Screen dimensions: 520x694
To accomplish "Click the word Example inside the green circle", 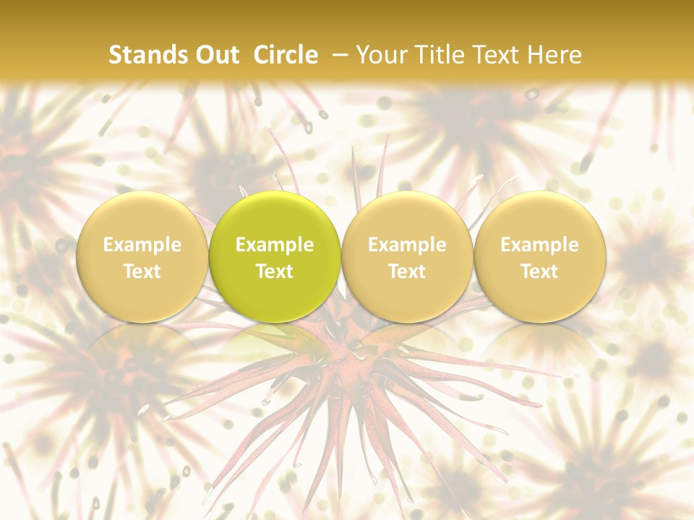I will pos(275,245).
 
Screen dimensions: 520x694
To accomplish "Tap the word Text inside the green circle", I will pos(275,272).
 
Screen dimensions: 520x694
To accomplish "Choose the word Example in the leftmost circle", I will pos(142,245).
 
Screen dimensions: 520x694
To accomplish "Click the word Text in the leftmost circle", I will pos(142,272).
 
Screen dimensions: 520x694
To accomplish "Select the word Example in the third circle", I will pos(407,245).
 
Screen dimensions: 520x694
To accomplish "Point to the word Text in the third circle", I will pos(407,272).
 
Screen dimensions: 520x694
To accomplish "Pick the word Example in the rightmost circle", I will pos(539,245).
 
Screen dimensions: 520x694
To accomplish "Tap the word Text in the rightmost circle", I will pos(539,272).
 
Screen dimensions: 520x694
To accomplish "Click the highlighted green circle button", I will pos(275,217).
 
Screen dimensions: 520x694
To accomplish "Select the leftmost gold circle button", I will pos(142,217).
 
